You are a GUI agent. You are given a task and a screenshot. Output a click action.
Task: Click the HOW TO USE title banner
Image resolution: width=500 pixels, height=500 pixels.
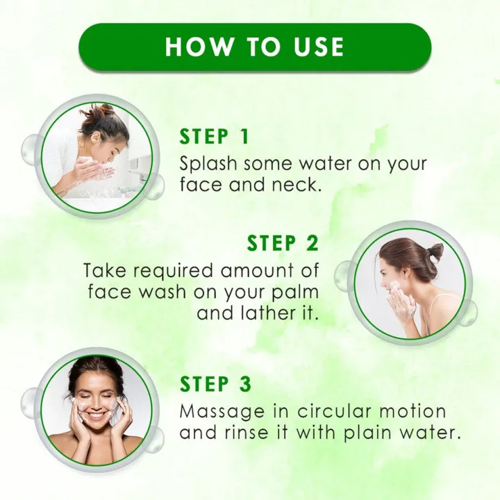[255, 47]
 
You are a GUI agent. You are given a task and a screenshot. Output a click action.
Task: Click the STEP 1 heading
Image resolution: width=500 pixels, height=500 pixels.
[214, 137]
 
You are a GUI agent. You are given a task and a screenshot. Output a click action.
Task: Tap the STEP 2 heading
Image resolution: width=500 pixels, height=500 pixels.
[283, 243]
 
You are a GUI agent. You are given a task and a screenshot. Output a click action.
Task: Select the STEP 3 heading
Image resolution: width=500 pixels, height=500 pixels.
[215, 383]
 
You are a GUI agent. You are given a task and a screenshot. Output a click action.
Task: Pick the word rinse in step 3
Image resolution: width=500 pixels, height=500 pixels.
[251, 432]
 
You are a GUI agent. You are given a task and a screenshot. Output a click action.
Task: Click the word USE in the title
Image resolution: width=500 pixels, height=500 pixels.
[315, 47]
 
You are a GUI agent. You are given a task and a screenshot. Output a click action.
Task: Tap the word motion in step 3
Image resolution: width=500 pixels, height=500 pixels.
[410, 410]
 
